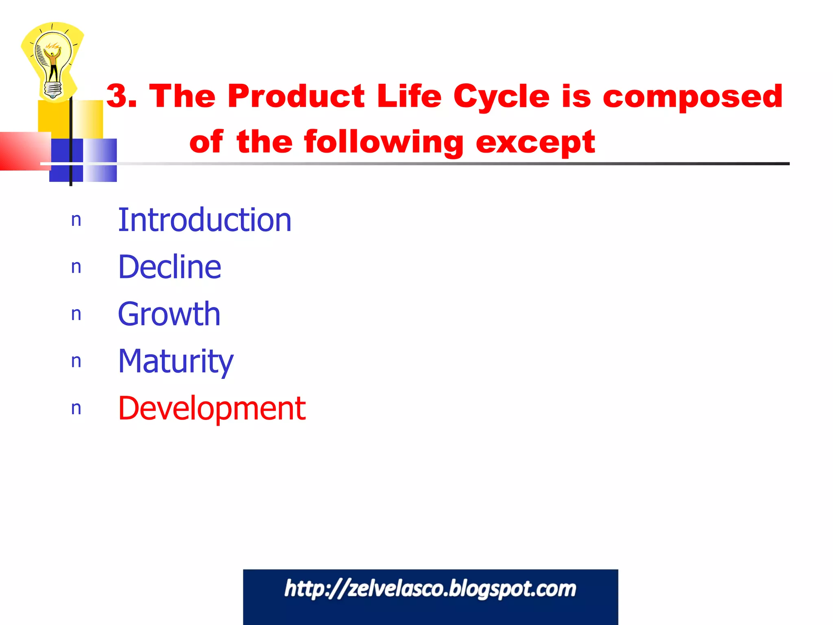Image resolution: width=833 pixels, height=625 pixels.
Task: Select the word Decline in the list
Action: pyautogui.click(x=169, y=267)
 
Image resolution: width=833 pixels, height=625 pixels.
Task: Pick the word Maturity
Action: pyautogui.click(x=176, y=361)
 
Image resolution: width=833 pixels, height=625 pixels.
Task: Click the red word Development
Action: pyautogui.click(x=212, y=408)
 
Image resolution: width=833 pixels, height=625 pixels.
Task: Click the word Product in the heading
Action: pyautogui.click(x=296, y=96)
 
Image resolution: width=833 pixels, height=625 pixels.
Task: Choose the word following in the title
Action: pyautogui.click(x=384, y=142)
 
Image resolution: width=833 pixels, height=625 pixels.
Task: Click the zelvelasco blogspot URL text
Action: pyautogui.click(x=430, y=589)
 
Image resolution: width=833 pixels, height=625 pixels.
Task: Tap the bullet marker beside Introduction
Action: pyautogui.click(x=76, y=220)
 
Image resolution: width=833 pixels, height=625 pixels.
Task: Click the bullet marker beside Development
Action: pyautogui.click(x=76, y=409)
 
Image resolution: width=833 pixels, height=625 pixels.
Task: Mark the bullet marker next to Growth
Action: pyautogui.click(x=76, y=314)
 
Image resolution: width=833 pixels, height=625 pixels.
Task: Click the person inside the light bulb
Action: pyautogui.click(x=53, y=63)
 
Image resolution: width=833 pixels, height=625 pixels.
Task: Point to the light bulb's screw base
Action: pyautogui.click(x=53, y=90)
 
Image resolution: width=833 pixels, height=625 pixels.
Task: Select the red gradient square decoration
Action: pyautogui.click(x=24, y=151)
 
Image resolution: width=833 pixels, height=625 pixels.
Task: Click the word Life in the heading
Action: pyautogui.click(x=409, y=96)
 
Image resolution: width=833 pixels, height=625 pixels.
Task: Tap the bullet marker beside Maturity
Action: pyautogui.click(x=76, y=361)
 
